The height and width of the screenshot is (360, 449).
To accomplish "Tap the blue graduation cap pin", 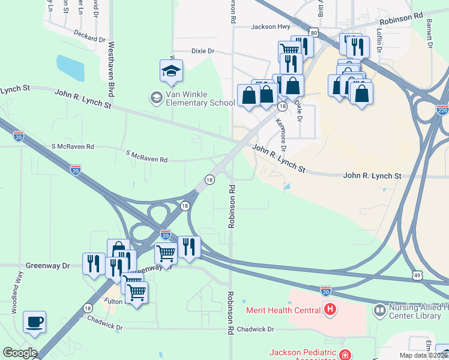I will coord(171,71).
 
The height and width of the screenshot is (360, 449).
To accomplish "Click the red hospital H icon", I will coord(330,310).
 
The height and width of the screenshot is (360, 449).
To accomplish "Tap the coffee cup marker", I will coord(34,322).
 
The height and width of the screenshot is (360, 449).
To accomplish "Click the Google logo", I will coord(19,353).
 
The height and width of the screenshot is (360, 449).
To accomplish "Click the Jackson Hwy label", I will coord(270,26).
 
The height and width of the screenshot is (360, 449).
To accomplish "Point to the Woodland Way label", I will coord(16,293).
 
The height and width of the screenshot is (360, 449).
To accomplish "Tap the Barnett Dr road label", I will coord(430,31).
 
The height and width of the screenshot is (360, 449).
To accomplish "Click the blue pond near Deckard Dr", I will coord(70,67).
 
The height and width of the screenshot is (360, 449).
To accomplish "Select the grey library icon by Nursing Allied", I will coord(379,310).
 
